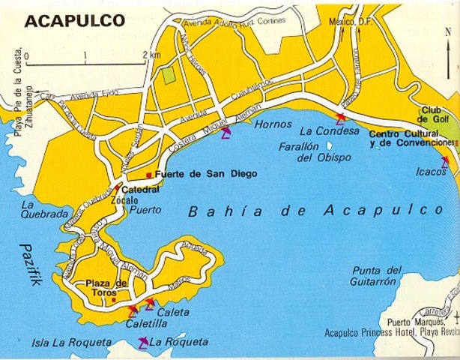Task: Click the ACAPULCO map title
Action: pyautogui.click(x=74, y=21)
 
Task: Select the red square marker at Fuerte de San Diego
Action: pyautogui.click(x=149, y=175)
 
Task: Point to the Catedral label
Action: pyautogui.click(x=140, y=190)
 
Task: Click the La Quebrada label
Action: pyautogui.click(x=44, y=208)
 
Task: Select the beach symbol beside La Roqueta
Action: pyautogui.click(x=142, y=343)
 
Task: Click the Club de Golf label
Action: pyautogui.click(x=433, y=114)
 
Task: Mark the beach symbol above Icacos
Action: pyautogui.click(x=445, y=160)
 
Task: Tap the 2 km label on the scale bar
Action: pyautogui.click(x=151, y=55)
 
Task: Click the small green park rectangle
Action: pyautogui.click(x=169, y=74)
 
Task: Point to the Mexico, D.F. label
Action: pyautogui.click(x=347, y=22)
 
